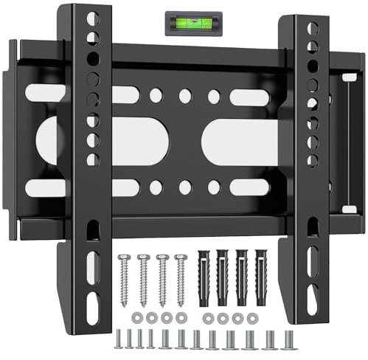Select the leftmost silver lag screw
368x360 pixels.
click(123, 279)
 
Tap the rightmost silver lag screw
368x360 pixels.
click(181, 279)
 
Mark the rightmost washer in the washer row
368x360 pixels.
click(253, 317)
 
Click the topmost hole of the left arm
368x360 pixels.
click(92, 18)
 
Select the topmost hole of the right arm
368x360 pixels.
click(313, 28)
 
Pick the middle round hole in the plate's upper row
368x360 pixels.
click(185, 96)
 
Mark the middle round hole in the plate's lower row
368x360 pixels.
click(185, 187)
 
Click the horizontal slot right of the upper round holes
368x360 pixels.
click(249, 97)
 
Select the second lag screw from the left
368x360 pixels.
click(143, 279)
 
